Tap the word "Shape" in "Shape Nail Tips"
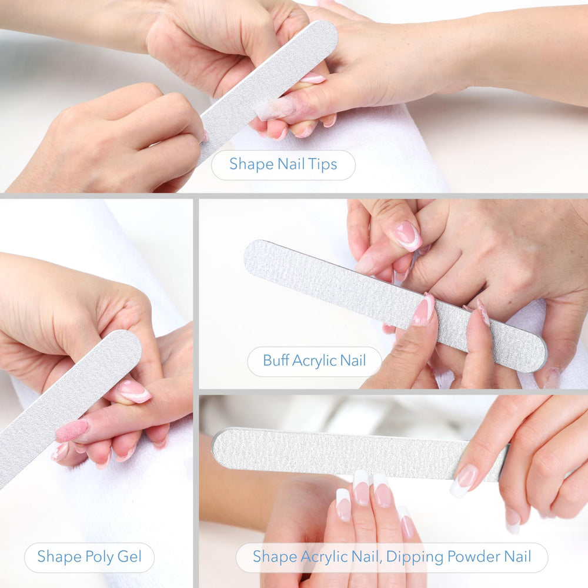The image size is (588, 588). pos(252,164)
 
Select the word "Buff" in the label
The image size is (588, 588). pos(276,360)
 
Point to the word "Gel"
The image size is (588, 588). pos(129,556)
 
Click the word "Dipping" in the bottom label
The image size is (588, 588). pos(415,557)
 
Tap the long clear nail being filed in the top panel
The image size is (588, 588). pos(275,108)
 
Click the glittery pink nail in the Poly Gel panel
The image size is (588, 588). pos(72,430)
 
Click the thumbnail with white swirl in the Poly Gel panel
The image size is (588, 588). pos(135,392)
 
